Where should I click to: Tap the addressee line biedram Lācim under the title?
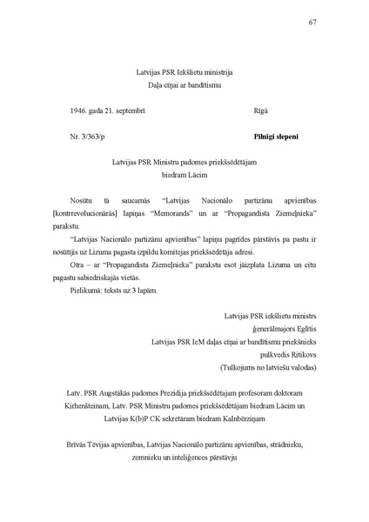pos(185,175)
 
